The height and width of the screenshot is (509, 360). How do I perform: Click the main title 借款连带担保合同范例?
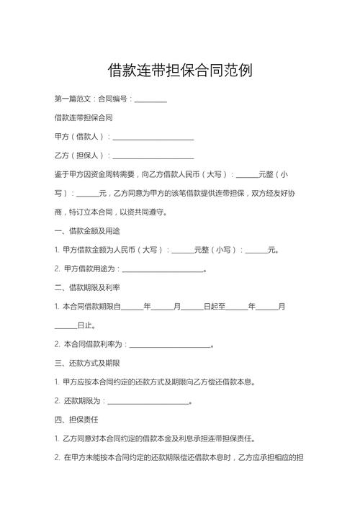click(x=180, y=71)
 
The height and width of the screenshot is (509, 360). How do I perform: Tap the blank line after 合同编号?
click(x=150, y=99)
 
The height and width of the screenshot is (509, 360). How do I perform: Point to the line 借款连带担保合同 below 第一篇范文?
click(x=83, y=117)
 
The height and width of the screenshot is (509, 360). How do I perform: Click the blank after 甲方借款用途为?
click(x=163, y=269)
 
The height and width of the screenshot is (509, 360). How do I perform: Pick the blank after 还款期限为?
click(x=148, y=401)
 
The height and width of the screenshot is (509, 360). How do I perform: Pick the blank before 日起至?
click(x=192, y=307)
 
